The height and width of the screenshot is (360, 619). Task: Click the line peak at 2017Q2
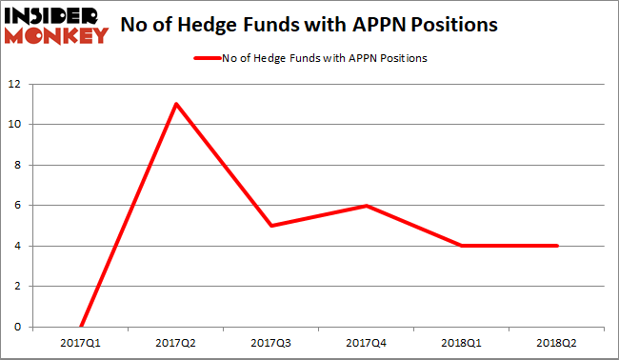click(176, 104)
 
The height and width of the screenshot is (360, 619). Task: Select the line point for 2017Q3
click(271, 226)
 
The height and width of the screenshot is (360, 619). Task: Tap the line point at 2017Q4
click(367, 206)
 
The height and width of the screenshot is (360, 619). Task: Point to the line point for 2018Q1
click(462, 246)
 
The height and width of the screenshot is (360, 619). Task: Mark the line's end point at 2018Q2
click(556, 246)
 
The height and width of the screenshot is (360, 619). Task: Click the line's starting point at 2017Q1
click(81, 327)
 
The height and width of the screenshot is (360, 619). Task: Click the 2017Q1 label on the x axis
click(81, 341)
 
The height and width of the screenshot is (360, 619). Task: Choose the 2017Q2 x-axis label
click(176, 341)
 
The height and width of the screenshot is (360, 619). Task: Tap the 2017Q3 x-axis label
click(271, 341)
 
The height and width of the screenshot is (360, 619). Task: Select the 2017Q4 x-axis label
click(367, 341)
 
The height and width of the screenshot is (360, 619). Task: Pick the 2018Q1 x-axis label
click(462, 341)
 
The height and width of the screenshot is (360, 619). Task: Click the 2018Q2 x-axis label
click(556, 341)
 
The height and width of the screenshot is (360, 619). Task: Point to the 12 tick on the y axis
click(16, 84)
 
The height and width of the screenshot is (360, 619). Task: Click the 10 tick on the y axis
click(16, 125)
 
